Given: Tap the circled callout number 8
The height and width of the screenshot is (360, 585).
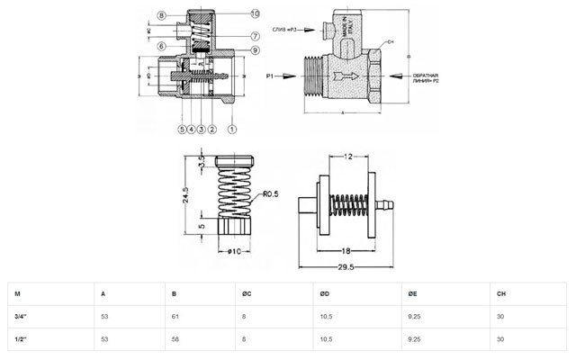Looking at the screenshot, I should tap(159, 16).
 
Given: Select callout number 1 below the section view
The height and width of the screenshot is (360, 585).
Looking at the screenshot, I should tap(232, 130).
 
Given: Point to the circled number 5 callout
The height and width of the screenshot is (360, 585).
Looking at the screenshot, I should tap(182, 130).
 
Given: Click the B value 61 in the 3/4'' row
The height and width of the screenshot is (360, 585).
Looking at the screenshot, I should tap(175, 316).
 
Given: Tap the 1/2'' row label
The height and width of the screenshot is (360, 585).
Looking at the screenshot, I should tap(21, 339).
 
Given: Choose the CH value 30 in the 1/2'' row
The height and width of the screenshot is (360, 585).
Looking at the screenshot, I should tap(500, 339).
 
